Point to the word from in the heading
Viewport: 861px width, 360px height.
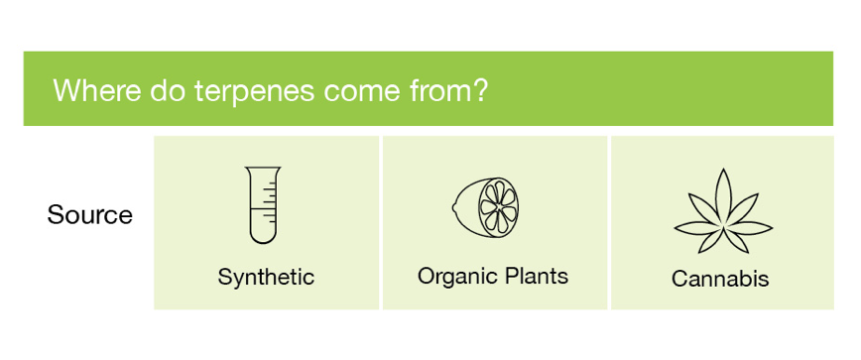click(x=440, y=89)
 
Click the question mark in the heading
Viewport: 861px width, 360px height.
click(x=479, y=89)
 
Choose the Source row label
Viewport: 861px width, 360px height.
click(x=89, y=214)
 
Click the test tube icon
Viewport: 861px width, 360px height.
click(x=263, y=204)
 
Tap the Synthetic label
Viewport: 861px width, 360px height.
click(x=266, y=277)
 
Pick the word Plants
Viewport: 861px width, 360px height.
click(x=536, y=276)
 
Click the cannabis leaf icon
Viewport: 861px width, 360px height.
click(x=722, y=210)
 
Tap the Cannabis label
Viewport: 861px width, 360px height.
click(x=720, y=279)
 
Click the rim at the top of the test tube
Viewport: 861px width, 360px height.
click(x=263, y=168)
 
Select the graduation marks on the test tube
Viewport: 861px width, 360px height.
click(x=268, y=201)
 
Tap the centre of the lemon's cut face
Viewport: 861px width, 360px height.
click(x=498, y=207)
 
